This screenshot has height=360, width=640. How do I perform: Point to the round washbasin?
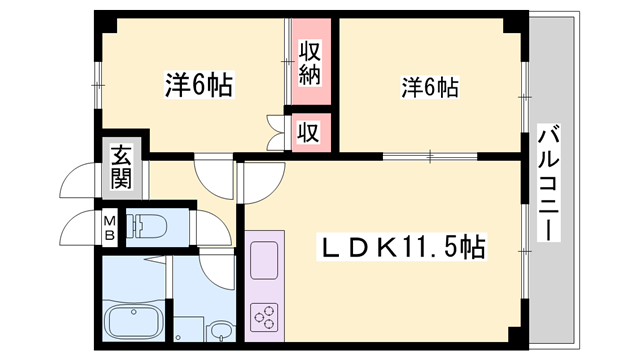[219, 331]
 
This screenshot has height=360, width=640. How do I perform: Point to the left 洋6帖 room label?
[197, 86]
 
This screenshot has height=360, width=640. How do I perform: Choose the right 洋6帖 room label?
[429, 88]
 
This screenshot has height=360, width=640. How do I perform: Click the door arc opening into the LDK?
[258, 181]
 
